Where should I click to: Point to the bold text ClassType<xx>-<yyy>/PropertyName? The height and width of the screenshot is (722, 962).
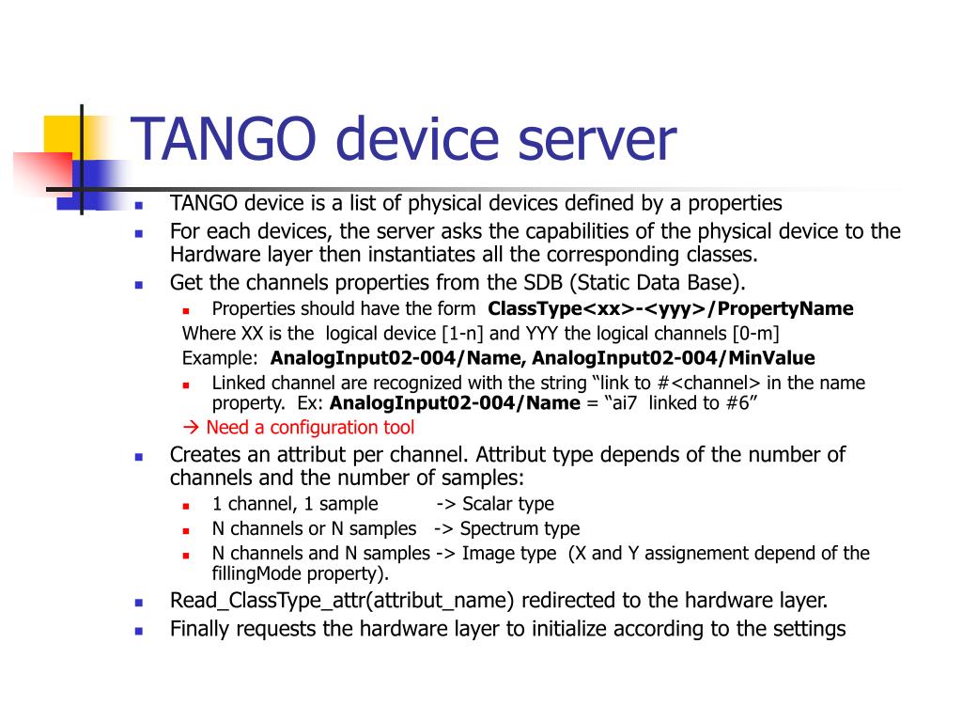point(671,309)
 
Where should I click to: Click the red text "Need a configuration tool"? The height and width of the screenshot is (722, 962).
point(310,428)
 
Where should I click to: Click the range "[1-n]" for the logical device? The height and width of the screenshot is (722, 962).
point(464,334)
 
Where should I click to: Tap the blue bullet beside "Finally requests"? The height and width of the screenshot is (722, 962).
point(138,631)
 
